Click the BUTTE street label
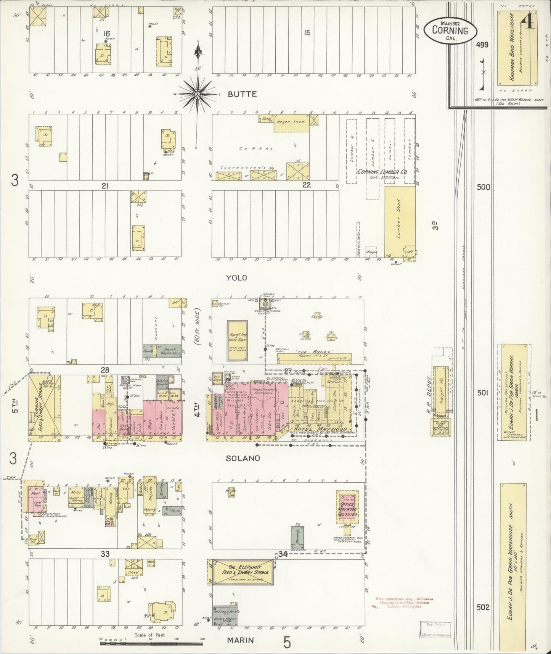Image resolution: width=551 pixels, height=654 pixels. (x=242, y=94)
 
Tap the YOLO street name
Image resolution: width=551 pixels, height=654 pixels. (x=237, y=278)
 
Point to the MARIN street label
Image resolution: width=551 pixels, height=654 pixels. (x=240, y=640)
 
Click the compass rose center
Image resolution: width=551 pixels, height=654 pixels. (x=198, y=93)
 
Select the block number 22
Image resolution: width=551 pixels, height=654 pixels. (x=307, y=185)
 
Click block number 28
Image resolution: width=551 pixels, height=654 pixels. (x=105, y=370)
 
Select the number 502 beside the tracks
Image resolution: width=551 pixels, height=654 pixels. (x=483, y=607)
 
